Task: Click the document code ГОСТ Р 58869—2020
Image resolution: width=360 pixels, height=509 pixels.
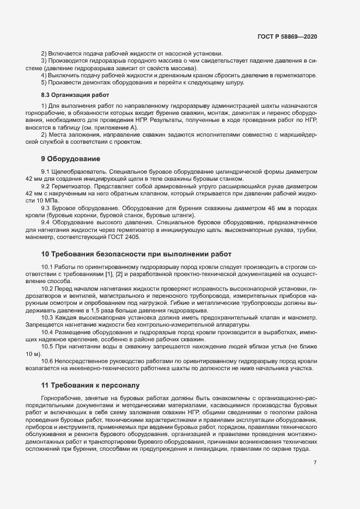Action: (x=288, y=36)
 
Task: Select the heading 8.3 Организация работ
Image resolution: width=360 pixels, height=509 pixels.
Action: (x=70, y=95)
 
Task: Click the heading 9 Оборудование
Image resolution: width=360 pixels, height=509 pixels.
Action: (x=71, y=159)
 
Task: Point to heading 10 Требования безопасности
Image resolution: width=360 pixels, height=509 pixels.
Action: (x=136, y=254)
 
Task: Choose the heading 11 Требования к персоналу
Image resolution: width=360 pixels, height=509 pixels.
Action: (x=91, y=385)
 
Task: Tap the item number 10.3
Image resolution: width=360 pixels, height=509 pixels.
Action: (x=47, y=317)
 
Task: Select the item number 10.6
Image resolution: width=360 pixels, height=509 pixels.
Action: (x=47, y=360)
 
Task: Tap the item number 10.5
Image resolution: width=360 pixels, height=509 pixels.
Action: (x=47, y=346)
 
